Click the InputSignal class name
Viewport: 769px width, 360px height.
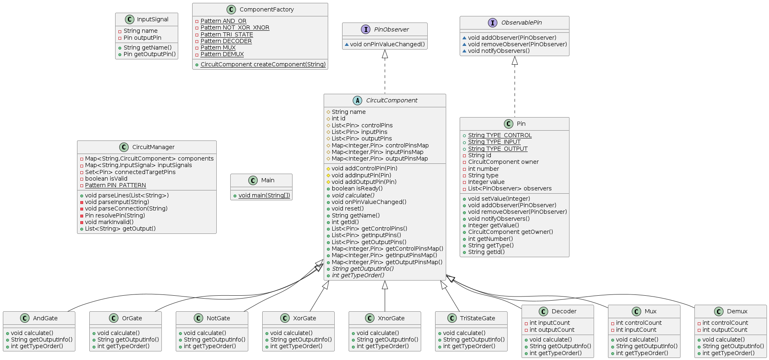click(152, 19)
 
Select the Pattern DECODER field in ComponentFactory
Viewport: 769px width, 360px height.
click(226, 41)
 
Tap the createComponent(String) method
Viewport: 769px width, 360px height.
click(263, 64)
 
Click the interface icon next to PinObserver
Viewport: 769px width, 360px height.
click(366, 29)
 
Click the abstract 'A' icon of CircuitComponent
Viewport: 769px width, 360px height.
click(357, 100)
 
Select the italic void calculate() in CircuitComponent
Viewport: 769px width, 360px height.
click(353, 195)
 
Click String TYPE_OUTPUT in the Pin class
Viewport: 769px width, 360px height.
click(497, 149)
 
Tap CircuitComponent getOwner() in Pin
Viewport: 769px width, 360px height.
click(510, 232)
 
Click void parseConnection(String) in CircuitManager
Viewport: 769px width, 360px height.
click(126, 208)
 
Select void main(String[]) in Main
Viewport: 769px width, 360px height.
click(264, 195)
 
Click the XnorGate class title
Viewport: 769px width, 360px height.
click(391, 318)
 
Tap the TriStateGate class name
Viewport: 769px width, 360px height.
click(477, 318)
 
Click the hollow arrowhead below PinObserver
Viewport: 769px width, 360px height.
click(385, 54)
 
